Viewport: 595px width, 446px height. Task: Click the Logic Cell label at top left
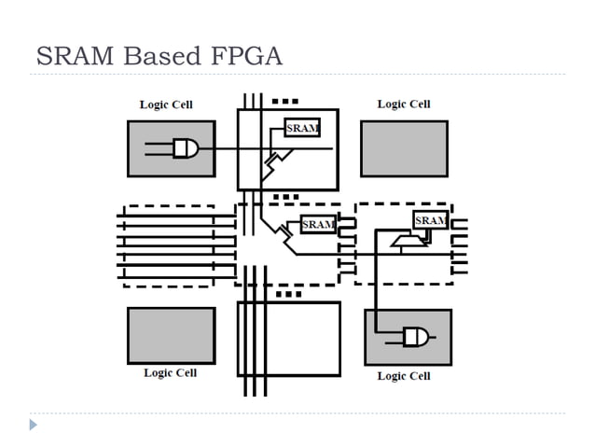pyautogui.click(x=166, y=105)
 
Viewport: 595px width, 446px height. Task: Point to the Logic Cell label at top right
pyautogui.click(x=404, y=104)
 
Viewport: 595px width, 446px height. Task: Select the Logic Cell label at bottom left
pyautogui.click(x=170, y=373)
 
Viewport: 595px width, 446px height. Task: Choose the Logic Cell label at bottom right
pyautogui.click(x=404, y=376)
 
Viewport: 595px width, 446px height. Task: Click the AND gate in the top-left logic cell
pyautogui.click(x=186, y=147)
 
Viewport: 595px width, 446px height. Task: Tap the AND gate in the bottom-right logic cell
pyautogui.click(x=416, y=337)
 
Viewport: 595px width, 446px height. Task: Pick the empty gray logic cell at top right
pyautogui.click(x=404, y=148)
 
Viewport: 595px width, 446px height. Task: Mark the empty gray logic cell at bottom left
pyautogui.click(x=171, y=335)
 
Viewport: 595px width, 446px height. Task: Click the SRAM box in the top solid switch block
pyautogui.click(x=301, y=129)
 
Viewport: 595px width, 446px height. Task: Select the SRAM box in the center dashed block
pyautogui.click(x=318, y=225)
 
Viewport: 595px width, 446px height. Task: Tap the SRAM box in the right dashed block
pyautogui.click(x=430, y=220)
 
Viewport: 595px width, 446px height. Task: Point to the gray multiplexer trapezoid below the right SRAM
pyautogui.click(x=408, y=242)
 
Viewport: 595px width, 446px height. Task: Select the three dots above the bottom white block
pyautogui.click(x=289, y=294)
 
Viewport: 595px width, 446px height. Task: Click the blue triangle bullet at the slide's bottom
pyautogui.click(x=34, y=425)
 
